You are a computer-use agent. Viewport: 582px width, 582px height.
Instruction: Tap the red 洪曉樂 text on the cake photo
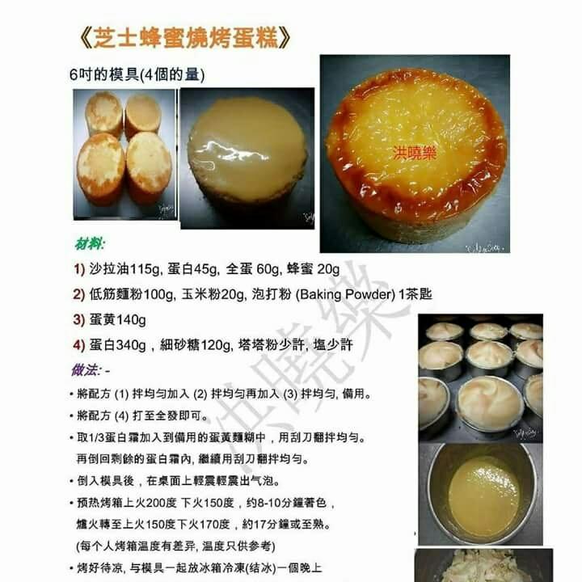tap(415, 152)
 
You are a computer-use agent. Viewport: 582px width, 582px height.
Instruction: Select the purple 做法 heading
tap(86, 369)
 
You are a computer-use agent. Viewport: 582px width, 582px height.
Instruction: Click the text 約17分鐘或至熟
tap(293, 522)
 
